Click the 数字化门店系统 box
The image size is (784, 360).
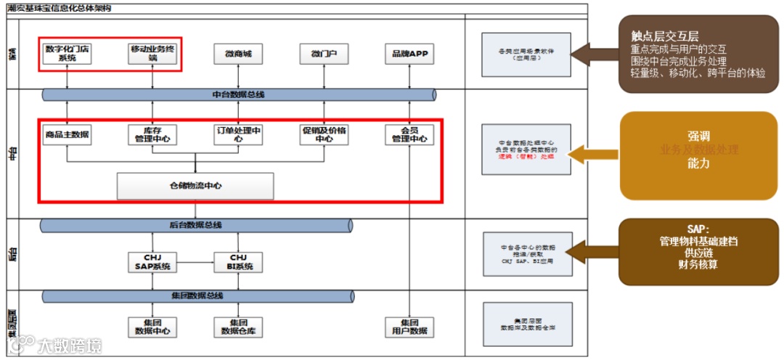[67, 54]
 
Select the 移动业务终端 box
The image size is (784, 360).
[152, 54]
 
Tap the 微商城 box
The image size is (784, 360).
[238, 54]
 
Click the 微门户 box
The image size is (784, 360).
[324, 54]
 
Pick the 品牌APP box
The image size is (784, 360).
[409, 54]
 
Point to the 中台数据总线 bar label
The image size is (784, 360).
[238, 94]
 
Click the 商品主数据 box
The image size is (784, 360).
[67, 135]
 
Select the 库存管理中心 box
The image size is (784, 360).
[152, 135]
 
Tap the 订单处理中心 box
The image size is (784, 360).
[238, 135]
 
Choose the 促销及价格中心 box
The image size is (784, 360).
[324, 135]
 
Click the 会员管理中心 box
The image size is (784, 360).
[409, 135]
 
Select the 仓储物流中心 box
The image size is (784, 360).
[195, 186]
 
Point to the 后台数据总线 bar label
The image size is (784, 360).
[196, 226]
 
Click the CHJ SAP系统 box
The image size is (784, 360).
[152, 262]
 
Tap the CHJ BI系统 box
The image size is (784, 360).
[238, 262]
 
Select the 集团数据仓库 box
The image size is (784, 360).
[238, 327]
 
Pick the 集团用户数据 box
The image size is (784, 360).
[409, 327]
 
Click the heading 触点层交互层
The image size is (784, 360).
[664, 37]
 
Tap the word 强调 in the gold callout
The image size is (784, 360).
[698, 136]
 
